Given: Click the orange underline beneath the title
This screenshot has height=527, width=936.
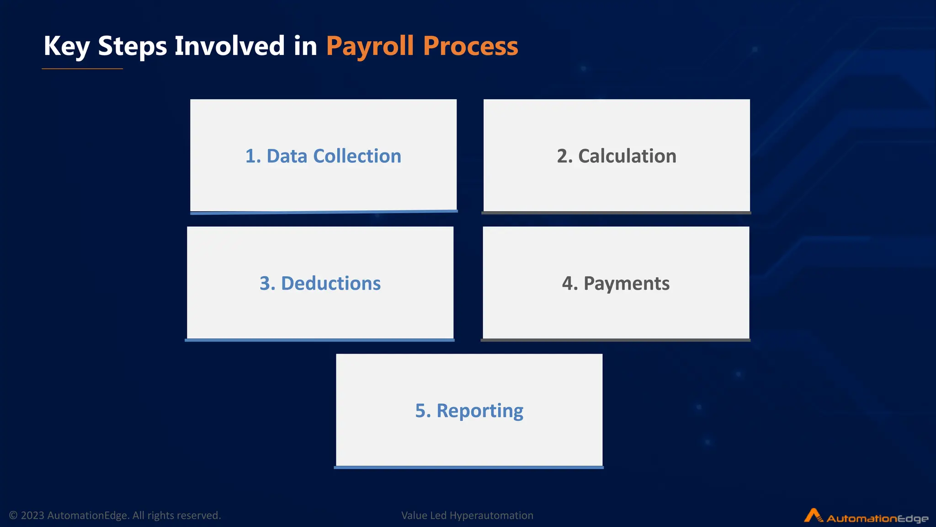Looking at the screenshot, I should (x=82, y=69).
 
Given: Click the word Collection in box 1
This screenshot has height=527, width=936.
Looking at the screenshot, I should (x=357, y=156).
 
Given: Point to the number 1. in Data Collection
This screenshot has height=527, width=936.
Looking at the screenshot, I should (x=253, y=156).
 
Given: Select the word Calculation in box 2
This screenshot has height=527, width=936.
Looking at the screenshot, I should (x=627, y=156).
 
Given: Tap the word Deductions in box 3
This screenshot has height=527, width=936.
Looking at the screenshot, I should (x=330, y=283).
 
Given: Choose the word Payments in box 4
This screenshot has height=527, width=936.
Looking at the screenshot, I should (x=627, y=283).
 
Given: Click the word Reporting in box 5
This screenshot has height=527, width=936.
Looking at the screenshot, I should (x=480, y=410).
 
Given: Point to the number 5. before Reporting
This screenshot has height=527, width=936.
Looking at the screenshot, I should (x=423, y=410).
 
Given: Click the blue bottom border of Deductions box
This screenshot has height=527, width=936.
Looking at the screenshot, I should (x=319, y=340).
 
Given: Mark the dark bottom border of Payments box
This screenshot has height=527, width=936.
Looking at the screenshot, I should (x=615, y=340).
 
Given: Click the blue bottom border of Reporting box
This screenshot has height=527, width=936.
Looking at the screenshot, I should (x=468, y=467).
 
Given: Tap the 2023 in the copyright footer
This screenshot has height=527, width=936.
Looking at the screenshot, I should (x=32, y=516).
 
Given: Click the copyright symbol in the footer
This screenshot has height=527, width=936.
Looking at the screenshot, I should (x=13, y=516).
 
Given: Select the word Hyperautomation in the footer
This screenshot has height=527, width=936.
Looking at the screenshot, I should (x=491, y=516).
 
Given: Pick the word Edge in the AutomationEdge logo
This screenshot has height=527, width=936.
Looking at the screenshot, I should (x=912, y=519).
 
